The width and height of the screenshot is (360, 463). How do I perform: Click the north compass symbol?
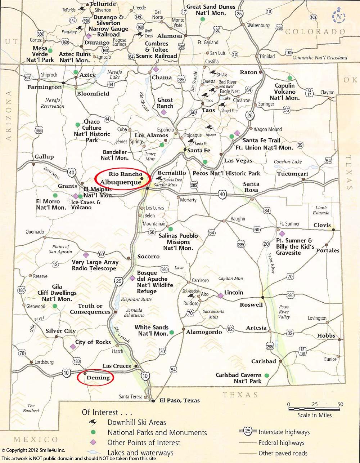click(x=339, y=16)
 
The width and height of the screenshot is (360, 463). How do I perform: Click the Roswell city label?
click(x=251, y=305)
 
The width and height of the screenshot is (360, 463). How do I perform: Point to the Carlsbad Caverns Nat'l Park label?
click(x=238, y=378)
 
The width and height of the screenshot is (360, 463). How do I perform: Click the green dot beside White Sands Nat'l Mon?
click(x=172, y=332)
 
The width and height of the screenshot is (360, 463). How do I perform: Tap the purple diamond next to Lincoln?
click(x=220, y=295)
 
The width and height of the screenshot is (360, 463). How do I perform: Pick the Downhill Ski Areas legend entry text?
click(x=137, y=422)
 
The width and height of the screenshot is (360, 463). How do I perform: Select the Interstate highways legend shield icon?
click(x=247, y=431)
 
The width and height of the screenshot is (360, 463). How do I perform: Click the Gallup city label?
click(x=44, y=156)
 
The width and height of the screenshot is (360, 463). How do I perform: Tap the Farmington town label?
click(x=45, y=87)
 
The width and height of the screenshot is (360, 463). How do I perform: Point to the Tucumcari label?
click(x=292, y=174)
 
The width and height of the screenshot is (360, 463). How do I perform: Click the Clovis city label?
click(x=322, y=225)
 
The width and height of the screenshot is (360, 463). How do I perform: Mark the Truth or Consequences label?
click(x=90, y=309)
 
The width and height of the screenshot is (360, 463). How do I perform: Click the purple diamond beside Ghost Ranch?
click(x=164, y=112)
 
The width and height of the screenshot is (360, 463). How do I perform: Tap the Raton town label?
click(x=249, y=72)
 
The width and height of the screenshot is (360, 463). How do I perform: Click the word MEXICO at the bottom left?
click(x=36, y=439)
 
